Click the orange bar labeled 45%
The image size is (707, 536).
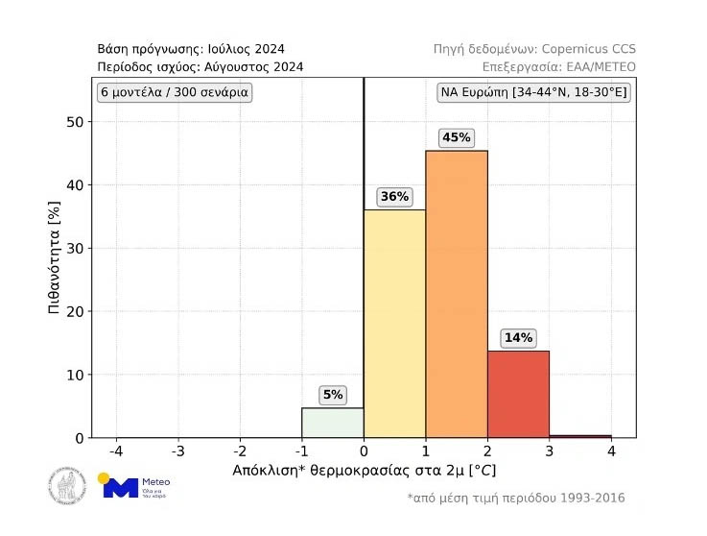tap(457, 293)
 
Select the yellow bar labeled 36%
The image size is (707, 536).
tap(394, 323)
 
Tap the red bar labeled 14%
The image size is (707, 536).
tap(518, 394)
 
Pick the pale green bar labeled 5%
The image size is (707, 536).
tap(332, 423)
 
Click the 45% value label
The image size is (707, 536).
tap(456, 137)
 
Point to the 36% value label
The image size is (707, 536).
tap(394, 197)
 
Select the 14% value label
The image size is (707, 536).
tap(518, 338)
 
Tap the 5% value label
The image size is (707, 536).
tap(332, 395)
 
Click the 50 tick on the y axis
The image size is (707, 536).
tap(76, 122)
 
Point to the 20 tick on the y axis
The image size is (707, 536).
tap(76, 311)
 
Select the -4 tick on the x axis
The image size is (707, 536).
tap(116, 451)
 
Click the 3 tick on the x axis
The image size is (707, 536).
tap(550, 451)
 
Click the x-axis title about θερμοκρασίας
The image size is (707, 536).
tap(364, 472)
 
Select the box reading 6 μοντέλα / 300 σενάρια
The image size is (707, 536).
tap(174, 93)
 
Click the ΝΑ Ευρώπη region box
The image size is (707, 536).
tap(533, 93)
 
